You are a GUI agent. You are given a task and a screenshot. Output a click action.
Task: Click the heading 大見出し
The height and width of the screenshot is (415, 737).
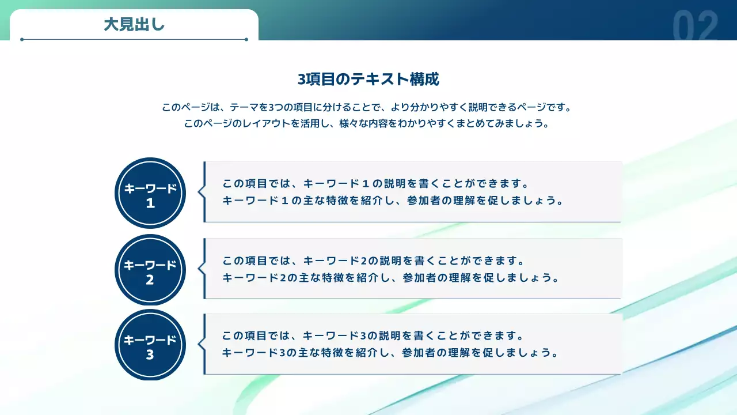(x=134, y=25)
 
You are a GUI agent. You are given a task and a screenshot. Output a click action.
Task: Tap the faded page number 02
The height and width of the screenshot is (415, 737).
(x=696, y=27)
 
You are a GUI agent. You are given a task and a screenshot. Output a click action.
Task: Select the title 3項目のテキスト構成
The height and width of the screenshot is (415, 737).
(x=368, y=80)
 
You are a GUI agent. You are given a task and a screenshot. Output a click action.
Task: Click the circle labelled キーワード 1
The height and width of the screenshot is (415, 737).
(x=150, y=193)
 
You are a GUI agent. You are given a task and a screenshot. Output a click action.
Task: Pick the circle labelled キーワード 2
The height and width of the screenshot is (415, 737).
(x=150, y=270)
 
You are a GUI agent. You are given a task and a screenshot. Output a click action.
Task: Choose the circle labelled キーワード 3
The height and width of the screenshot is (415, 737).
(x=150, y=345)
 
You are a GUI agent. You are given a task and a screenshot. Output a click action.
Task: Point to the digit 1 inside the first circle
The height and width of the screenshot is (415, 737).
(x=150, y=203)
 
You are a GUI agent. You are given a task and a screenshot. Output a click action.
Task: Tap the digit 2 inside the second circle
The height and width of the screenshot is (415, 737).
(x=150, y=280)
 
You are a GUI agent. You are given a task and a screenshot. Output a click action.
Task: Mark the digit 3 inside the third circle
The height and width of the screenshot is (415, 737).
(x=150, y=355)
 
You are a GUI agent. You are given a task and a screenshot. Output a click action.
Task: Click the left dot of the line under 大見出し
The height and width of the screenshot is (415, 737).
(x=22, y=40)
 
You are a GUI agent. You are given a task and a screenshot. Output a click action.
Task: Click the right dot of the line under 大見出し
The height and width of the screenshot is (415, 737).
(x=246, y=40)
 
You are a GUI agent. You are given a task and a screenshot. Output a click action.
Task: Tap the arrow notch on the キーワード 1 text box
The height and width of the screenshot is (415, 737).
(x=201, y=192)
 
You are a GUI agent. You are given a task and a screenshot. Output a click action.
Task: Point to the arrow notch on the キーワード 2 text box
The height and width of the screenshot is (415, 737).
(x=201, y=269)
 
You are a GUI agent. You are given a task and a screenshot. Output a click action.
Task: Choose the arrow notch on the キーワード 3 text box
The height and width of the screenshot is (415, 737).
(x=201, y=344)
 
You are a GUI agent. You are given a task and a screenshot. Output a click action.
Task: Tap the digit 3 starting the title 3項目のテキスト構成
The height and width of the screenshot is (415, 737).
(x=301, y=80)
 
